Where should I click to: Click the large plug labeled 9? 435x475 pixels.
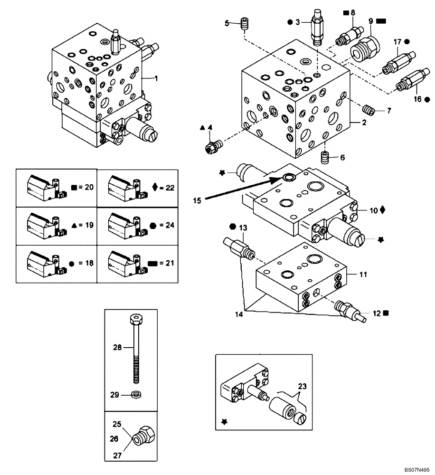tap(364, 48)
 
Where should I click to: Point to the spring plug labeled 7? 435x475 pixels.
tap(369, 111)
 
